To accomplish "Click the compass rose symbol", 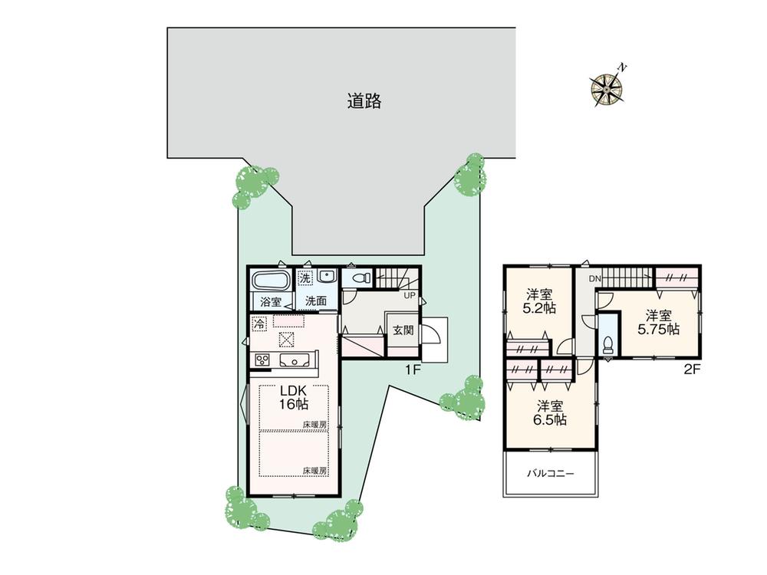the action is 608,87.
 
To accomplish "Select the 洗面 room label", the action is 315,301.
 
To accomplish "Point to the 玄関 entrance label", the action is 403,330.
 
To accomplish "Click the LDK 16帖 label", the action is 293,397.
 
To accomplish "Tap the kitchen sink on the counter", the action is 295,361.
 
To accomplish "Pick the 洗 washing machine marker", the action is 305,278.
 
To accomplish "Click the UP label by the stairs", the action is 409,296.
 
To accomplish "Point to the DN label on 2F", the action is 594,279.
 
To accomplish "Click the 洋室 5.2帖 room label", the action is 539,301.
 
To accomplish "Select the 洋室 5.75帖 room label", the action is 658,322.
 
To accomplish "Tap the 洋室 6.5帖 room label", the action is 550,413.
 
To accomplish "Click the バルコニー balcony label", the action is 550,473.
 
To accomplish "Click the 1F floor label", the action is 413,370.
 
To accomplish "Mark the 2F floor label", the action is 692,370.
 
